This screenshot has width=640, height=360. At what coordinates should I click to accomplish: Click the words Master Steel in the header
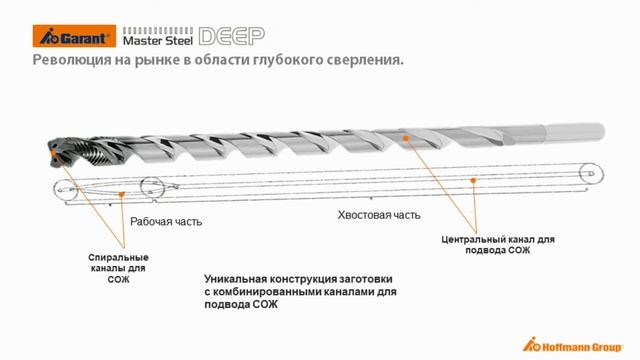point(156,40)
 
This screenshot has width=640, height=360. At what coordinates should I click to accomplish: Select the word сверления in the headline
point(361,63)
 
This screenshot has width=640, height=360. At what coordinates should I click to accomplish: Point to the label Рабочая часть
point(166,221)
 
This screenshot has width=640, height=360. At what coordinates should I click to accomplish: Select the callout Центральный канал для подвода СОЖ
point(497,245)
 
